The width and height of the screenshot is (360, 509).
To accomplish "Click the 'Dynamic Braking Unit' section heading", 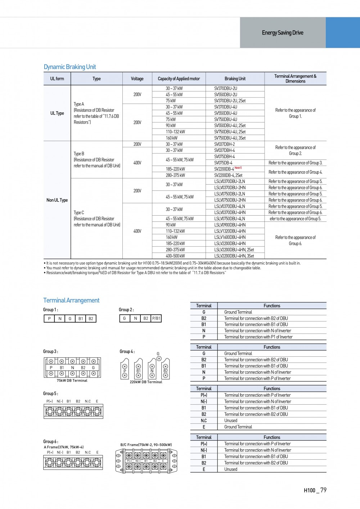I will click(x=70, y=67).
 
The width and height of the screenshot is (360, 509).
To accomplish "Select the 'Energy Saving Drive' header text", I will click(x=283, y=33).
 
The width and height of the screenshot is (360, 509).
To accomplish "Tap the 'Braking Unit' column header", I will click(x=235, y=79).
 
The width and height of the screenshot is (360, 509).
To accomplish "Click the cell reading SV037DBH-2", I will click(x=224, y=144).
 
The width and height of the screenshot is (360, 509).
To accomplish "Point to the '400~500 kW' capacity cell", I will click(x=175, y=256).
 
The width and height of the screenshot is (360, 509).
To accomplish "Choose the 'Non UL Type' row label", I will click(x=57, y=200).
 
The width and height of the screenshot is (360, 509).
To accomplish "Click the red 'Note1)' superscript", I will click(x=238, y=168).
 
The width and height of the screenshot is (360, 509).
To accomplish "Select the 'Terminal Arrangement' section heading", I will click(x=71, y=301).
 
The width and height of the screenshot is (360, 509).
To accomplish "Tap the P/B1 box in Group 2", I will click(x=156, y=318).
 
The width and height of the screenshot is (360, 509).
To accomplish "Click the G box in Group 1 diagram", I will click(x=70, y=319).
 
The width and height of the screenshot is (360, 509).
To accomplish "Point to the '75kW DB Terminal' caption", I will click(x=72, y=380).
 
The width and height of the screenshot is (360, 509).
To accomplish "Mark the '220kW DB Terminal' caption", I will click(x=146, y=382).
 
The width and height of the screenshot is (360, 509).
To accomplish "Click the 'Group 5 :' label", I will click(x=50, y=393).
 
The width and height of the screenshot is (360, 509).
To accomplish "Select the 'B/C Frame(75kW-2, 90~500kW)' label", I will click(x=146, y=445).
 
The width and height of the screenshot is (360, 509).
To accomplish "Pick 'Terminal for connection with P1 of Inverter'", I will click(x=258, y=337).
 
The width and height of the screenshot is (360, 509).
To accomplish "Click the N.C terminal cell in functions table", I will click(x=204, y=420).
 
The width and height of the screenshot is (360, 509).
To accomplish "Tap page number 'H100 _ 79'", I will click(x=315, y=490).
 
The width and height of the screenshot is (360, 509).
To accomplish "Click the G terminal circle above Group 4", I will click(x=159, y=359).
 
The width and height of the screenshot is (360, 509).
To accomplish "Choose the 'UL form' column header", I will click(x=57, y=79).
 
